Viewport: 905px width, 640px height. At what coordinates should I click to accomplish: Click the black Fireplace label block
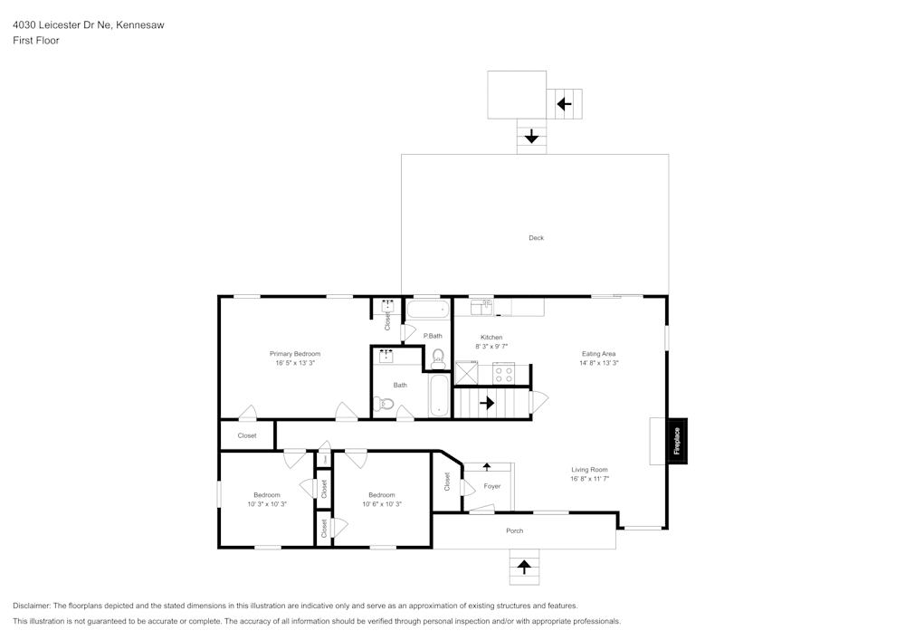pos(677,441)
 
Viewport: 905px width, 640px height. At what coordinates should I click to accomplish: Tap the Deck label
pos(537,238)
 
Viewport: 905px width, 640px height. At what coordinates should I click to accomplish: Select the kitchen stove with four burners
pos(503,374)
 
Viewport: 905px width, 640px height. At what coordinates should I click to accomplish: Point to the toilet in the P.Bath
pos(438,358)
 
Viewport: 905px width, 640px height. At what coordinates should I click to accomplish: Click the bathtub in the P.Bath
pos(428,310)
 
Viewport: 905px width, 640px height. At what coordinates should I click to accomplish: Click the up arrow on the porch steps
pos(524,568)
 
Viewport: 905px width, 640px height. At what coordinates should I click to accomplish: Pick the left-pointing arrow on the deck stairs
pos(564,104)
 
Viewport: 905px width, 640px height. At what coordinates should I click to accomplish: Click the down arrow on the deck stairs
pos(531,138)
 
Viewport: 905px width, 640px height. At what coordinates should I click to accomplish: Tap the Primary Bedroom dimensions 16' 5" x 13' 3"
pos(295,363)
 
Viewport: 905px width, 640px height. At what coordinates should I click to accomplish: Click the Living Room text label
pos(589,470)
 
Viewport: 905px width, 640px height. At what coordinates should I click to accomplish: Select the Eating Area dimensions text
pos(599,363)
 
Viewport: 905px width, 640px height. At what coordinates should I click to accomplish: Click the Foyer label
pos(491,486)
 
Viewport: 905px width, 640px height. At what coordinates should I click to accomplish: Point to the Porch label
pos(514,530)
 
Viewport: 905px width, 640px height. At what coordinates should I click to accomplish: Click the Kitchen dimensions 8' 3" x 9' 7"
pos(491,346)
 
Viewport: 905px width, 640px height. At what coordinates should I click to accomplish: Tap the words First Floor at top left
pos(36,41)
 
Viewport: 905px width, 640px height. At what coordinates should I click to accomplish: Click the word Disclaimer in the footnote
pos(33,606)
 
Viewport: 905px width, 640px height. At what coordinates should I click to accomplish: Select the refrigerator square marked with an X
pos(466,373)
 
